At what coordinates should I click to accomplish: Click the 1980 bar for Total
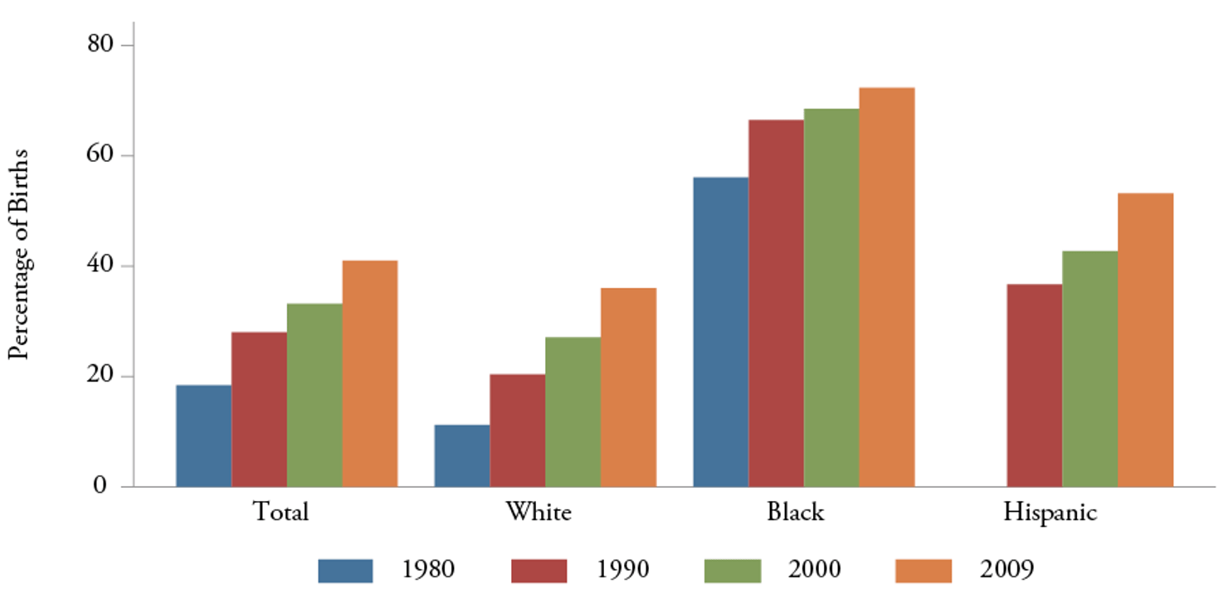tap(203, 436)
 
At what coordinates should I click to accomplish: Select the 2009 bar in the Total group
tap(370, 373)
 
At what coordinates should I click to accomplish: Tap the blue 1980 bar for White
tap(461, 455)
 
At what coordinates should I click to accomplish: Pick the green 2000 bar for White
tap(573, 412)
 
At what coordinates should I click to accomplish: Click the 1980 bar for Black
tap(720, 332)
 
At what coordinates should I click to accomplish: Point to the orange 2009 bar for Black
tap(887, 287)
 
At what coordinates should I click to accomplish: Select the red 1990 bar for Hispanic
tap(1034, 385)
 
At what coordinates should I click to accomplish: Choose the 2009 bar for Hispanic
tap(1145, 339)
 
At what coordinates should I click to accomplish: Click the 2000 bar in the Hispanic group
tap(1089, 368)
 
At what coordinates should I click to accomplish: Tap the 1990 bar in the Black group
tap(776, 303)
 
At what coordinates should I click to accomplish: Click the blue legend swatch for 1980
tap(345, 570)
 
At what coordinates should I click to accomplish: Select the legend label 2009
tap(1006, 570)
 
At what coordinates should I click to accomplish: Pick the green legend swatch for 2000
tap(733, 570)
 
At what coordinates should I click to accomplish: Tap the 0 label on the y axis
tap(100, 486)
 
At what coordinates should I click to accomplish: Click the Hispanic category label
tap(1050, 512)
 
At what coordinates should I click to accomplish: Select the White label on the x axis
tap(538, 512)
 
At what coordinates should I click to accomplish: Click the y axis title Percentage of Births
tap(20, 254)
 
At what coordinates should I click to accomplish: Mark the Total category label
tap(280, 512)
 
